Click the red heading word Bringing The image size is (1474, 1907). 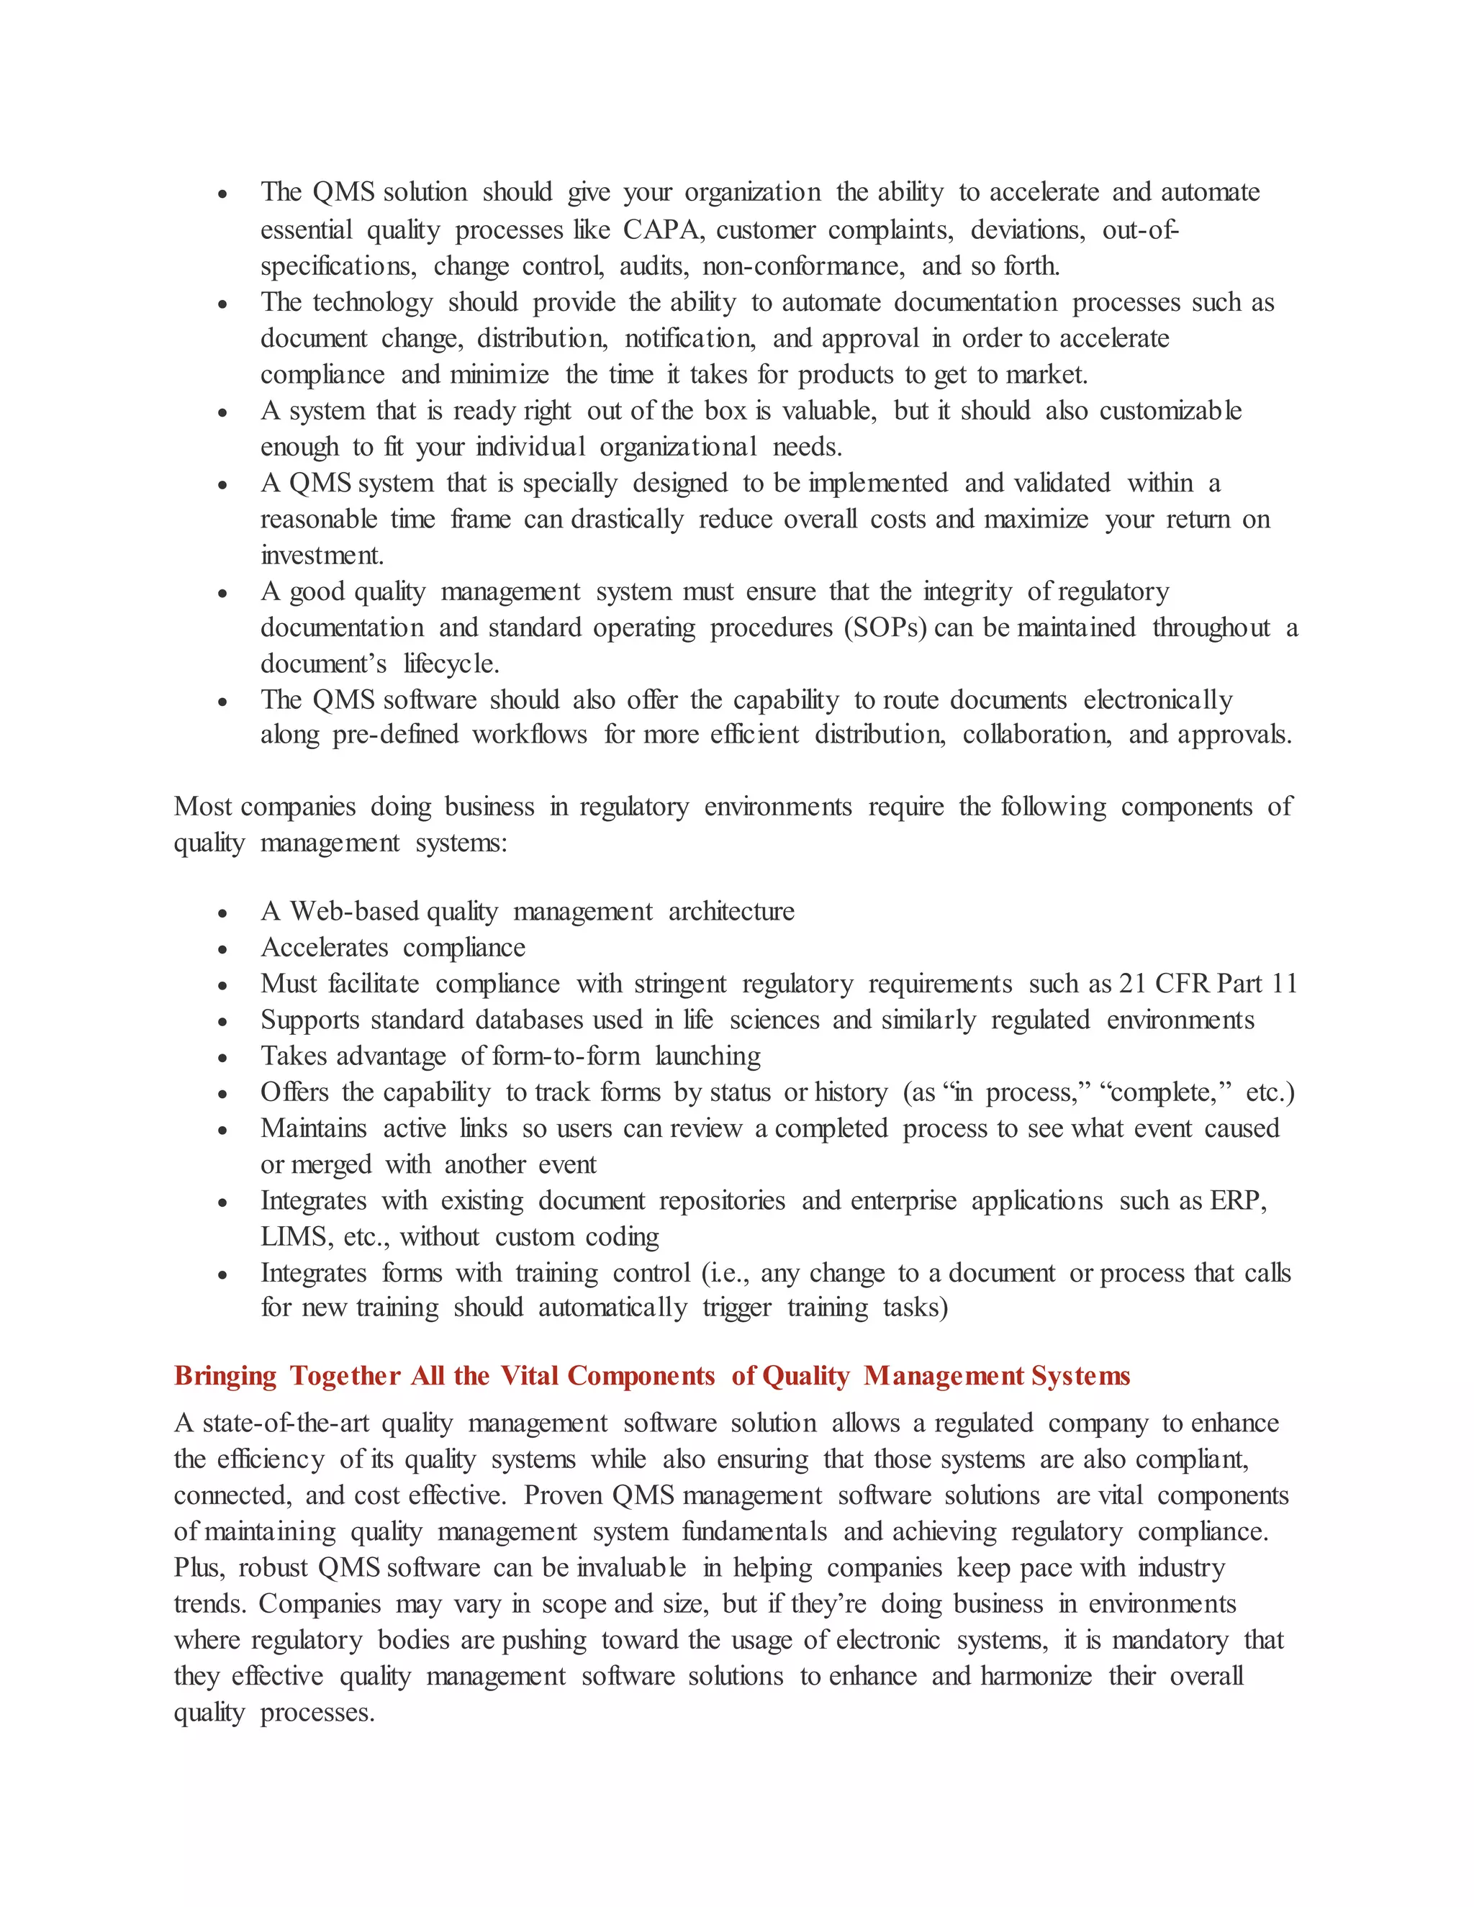[x=225, y=1375]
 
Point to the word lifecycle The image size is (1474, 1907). [x=451, y=664]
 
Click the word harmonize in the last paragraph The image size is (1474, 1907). [x=1036, y=1677]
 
